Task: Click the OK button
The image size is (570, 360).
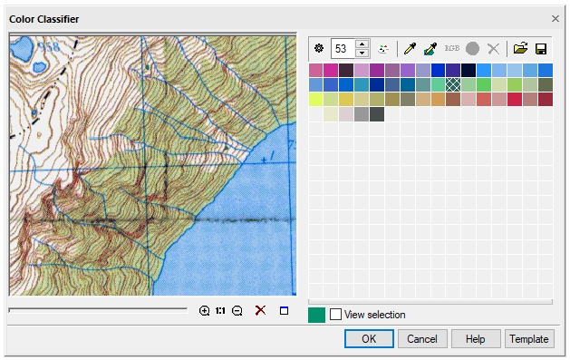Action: coord(368,338)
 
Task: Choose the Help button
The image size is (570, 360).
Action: coord(476,338)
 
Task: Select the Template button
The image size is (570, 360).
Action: coord(529,338)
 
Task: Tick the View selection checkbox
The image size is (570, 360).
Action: coord(336,315)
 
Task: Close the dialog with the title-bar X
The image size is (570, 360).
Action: coord(556,17)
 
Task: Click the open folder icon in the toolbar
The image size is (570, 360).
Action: coord(520,48)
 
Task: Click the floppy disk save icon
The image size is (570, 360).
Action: coord(541,48)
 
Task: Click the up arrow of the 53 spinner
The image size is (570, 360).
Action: coord(362,44)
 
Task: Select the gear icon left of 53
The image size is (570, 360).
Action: coord(316,48)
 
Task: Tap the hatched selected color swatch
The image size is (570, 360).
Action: coord(453,84)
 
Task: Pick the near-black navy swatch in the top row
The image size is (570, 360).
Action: coord(469,70)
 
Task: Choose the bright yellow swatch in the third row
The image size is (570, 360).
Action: coord(315,99)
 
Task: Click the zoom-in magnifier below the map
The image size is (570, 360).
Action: coord(205,311)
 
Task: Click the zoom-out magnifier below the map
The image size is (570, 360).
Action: coord(237,311)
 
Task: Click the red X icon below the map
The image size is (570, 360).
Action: coord(260,311)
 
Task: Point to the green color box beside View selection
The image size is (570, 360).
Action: coord(317,315)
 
